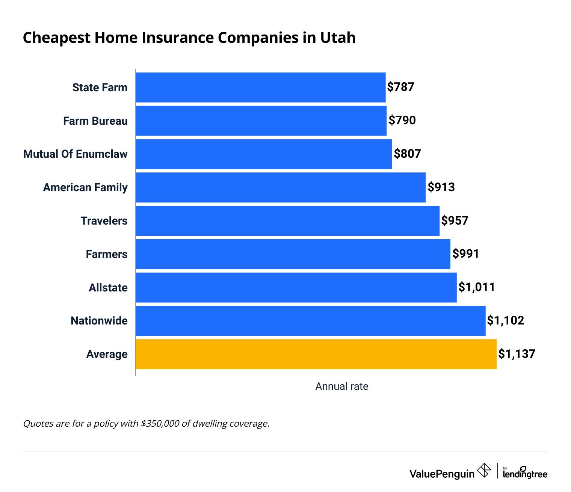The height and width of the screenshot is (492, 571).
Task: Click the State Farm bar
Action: [260, 87]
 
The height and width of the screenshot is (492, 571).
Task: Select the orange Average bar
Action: [316, 354]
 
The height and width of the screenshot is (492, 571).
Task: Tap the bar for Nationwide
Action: [310, 321]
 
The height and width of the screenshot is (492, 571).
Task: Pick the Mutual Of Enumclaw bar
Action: [264, 154]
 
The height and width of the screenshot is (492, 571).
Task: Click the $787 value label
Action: [400, 87]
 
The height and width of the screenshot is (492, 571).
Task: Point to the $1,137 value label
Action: [517, 354]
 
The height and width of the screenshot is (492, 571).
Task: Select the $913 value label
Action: [441, 187]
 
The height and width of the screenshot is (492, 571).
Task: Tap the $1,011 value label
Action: [476, 287]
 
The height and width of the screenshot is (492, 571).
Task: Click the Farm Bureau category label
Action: [95, 121]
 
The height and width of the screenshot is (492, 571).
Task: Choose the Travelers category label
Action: [104, 221]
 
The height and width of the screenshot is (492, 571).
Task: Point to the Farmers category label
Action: [107, 254]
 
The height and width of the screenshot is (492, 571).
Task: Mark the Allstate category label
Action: [108, 288]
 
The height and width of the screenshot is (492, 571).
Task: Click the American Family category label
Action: [85, 187]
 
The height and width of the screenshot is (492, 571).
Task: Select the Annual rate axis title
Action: [341, 386]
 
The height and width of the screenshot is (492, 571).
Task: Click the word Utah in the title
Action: [338, 38]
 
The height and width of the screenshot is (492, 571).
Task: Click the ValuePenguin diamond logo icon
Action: [484, 470]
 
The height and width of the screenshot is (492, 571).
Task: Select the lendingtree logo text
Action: [525, 474]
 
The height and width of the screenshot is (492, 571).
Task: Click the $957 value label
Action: [455, 220]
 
